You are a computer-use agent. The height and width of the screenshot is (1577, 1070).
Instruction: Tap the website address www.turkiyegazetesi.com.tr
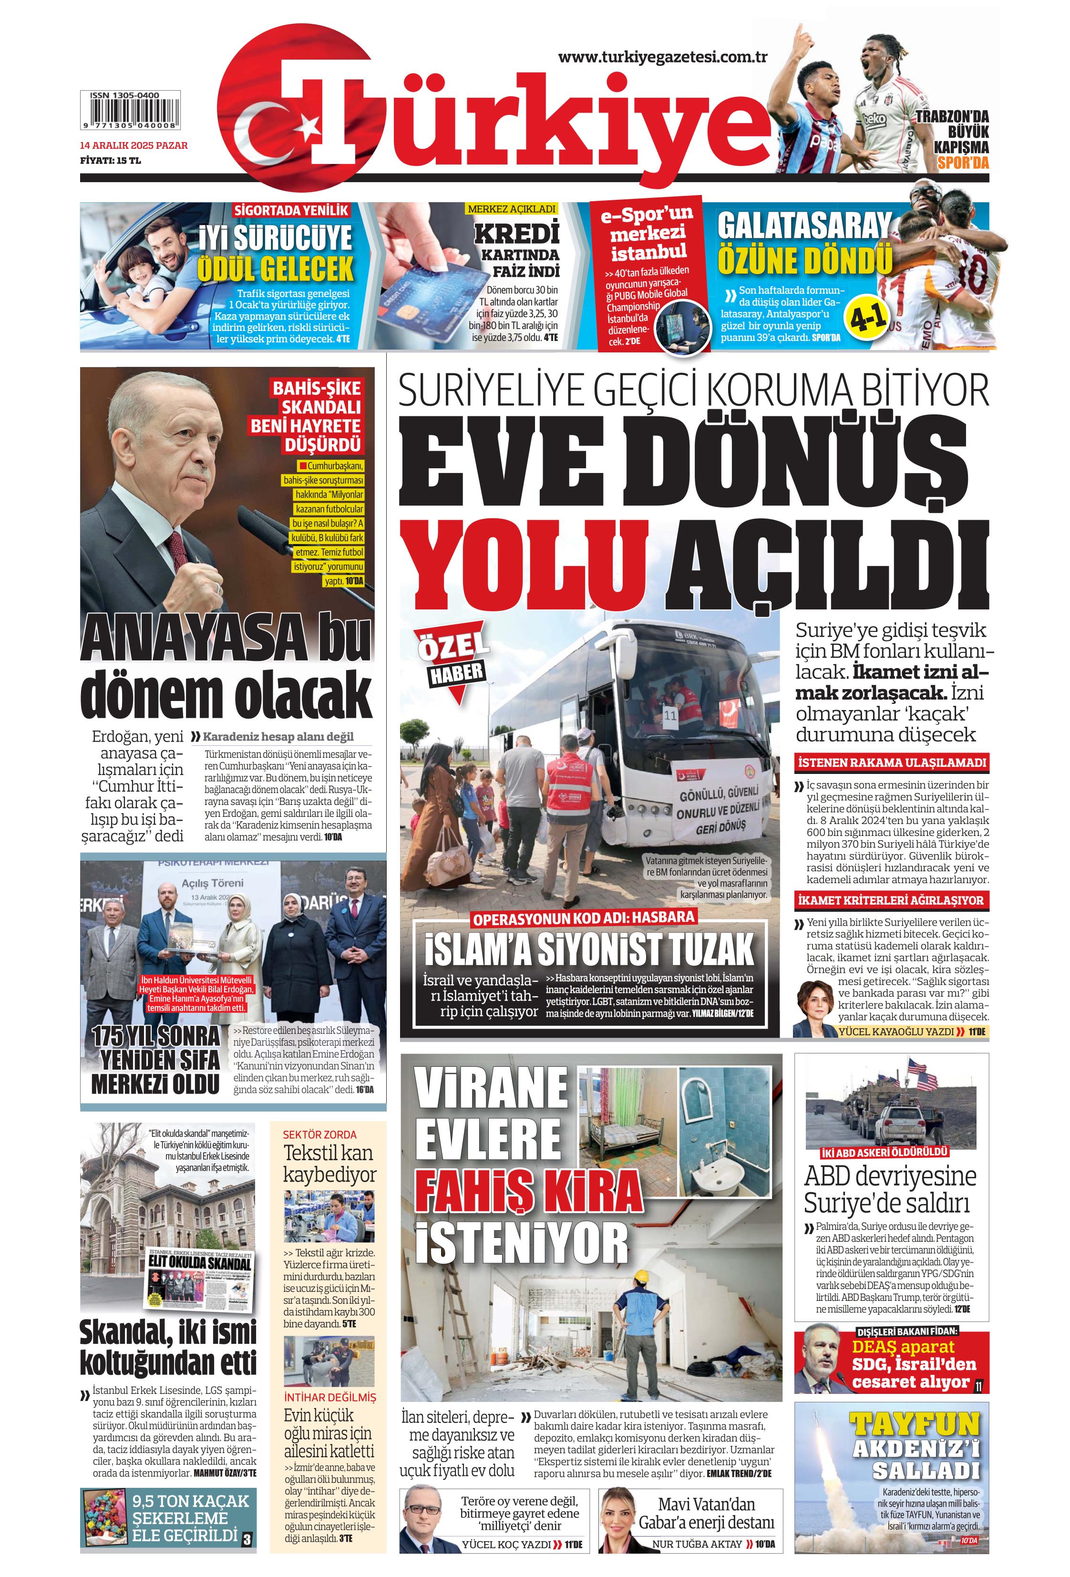pos(662,57)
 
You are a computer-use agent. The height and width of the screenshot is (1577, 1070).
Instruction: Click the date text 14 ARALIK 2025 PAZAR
pos(134,145)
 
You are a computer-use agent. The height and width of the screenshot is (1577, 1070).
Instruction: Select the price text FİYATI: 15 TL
pos(110,161)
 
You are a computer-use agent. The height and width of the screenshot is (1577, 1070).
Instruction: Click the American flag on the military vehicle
pos(921,1082)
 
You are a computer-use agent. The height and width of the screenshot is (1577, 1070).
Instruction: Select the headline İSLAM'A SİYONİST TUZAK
pos(589,948)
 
